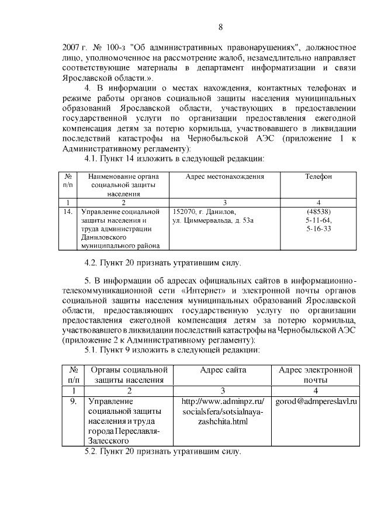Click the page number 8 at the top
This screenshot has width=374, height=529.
pos(220,27)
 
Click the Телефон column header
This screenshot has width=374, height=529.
pos(318,176)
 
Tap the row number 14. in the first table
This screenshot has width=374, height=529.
pos(68,212)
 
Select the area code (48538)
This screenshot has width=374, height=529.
pos(318,212)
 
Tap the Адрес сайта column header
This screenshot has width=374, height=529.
pos(223,370)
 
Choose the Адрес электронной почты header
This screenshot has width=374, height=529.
pos(316,375)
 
